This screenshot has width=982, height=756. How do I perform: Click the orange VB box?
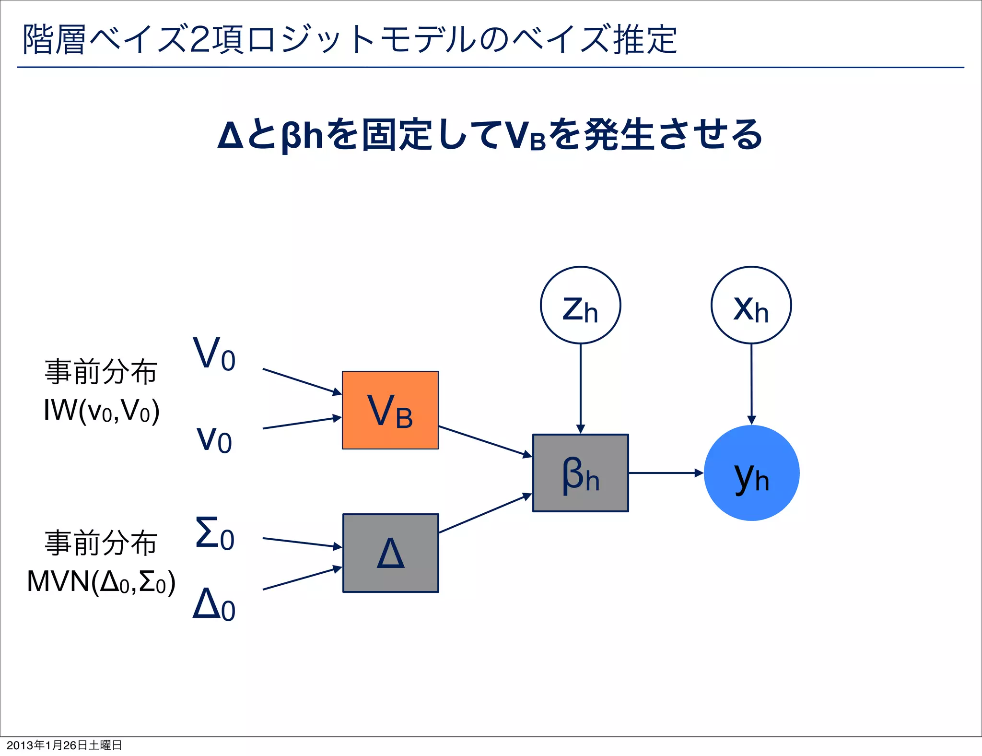tap(390, 410)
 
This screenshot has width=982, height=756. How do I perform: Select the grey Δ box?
tap(390, 553)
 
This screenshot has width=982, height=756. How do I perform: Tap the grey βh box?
tap(580, 473)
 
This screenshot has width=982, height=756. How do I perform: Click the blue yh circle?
tap(751, 473)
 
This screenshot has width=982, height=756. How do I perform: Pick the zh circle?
tap(580, 306)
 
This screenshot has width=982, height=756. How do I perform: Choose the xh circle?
tap(751, 306)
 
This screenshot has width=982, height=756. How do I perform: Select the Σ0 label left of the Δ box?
tap(214, 533)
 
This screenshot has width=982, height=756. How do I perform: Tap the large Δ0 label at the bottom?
tap(214, 604)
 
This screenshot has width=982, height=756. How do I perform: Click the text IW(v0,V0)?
tap(101, 411)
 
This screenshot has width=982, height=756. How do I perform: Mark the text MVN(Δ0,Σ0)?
tap(101, 582)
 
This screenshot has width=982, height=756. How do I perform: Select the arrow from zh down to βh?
tap(580, 389)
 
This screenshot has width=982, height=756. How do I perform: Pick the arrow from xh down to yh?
tap(751, 384)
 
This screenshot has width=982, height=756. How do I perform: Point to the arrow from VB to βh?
tap(485, 441)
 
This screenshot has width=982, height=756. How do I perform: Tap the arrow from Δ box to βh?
tap(485, 513)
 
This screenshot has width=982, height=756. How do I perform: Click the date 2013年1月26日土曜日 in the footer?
tap(64, 745)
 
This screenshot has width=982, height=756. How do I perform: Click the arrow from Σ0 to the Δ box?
tap(302, 543)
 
